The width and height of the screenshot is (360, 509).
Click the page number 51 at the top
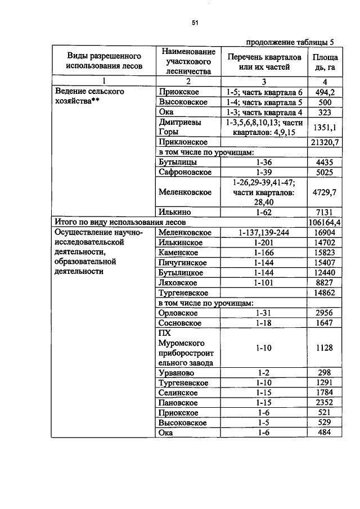pyautogui.click(x=195, y=23)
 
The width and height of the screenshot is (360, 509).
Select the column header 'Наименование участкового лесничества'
pyautogui.click(x=188, y=61)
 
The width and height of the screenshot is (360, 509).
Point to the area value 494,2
pyautogui.click(x=325, y=92)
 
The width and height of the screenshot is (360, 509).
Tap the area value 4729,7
pyautogui.click(x=325, y=192)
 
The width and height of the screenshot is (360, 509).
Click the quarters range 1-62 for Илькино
pyautogui.click(x=264, y=212)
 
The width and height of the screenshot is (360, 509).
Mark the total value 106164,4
pyautogui.click(x=325, y=222)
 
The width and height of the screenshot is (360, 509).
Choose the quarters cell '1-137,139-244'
pyautogui.click(x=264, y=232)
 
